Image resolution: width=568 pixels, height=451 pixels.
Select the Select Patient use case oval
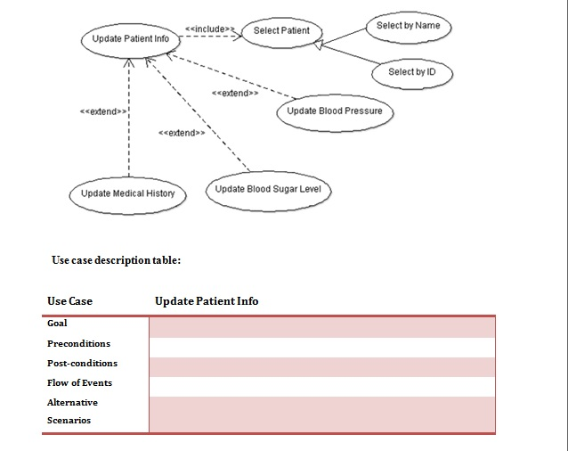(281, 31)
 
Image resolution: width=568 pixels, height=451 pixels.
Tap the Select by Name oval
(408, 26)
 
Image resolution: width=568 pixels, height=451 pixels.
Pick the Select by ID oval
(412, 72)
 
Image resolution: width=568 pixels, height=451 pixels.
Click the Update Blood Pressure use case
(335, 111)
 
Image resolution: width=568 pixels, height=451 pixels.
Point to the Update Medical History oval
(127, 194)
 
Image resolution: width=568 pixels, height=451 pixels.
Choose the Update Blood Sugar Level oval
(269, 190)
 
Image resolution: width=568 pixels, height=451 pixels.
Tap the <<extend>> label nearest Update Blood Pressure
(235, 93)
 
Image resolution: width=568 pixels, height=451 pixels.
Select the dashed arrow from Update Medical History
(129, 125)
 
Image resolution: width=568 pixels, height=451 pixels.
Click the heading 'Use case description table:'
(117, 260)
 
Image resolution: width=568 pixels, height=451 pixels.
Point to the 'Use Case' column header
(69, 301)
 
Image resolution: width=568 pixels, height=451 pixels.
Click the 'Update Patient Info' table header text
(207, 301)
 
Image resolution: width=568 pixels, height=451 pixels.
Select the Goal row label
(57, 324)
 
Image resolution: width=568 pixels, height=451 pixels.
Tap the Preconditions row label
(79, 343)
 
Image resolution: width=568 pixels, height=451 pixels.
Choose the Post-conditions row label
(82, 364)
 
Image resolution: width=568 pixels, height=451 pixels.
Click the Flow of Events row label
(79, 383)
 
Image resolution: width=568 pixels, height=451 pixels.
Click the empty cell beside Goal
(321, 325)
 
